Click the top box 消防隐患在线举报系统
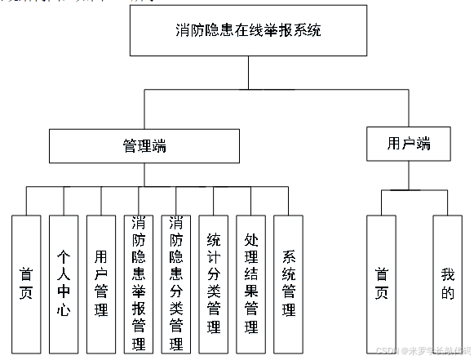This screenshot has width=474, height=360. [249, 32]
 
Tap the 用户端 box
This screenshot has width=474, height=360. [409, 144]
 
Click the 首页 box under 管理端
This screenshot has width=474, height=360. [26, 283]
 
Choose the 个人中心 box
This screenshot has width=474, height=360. [64, 283]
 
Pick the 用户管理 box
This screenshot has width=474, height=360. [101, 283]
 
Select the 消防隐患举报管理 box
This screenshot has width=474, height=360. [139, 283]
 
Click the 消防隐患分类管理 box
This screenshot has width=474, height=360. [175, 283]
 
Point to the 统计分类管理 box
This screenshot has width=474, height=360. [213, 283]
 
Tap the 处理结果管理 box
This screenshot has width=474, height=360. [250, 283]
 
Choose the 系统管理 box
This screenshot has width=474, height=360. [288, 283]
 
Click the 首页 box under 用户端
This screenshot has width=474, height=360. [381, 283]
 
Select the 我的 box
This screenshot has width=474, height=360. [447, 283]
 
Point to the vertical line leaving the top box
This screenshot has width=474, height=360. [249, 73]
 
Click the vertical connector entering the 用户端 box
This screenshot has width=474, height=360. [409, 107]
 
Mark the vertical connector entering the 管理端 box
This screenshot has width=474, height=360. [145, 109]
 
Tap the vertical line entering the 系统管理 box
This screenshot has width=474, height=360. [288, 201]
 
